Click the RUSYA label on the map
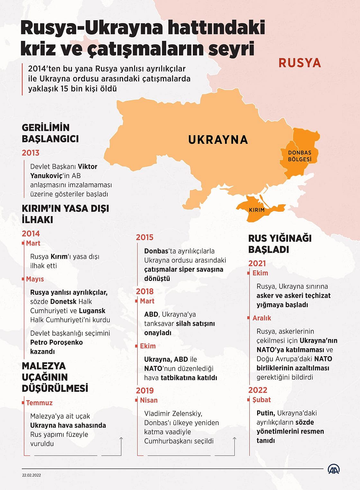(x=300, y=63)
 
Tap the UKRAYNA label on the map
(x=218, y=140)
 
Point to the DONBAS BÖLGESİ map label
(x=300, y=156)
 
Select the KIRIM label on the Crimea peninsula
(x=257, y=210)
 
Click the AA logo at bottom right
(x=334, y=469)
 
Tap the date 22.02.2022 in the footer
(x=32, y=475)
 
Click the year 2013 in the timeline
(x=31, y=153)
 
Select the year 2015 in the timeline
(x=145, y=237)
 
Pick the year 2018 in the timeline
(x=145, y=291)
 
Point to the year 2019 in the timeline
(x=145, y=390)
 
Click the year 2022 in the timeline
(x=258, y=390)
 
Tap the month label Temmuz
(x=39, y=403)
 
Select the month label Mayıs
(x=35, y=279)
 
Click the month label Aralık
(x=262, y=318)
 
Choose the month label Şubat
(x=262, y=400)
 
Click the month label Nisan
(x=149, y=400)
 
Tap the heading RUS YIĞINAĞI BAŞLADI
(x=280, y=244)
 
